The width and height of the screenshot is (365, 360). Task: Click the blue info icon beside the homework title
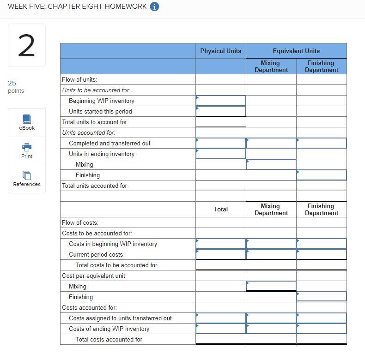tap(155, 6)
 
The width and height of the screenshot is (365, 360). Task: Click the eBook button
tap(27, 122)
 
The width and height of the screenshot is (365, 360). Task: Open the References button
tap(27, 179)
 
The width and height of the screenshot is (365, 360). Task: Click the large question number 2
tap(26, 46)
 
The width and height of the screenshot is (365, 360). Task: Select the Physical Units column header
tap(220, 51)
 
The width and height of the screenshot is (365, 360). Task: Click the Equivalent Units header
tap(296, 51)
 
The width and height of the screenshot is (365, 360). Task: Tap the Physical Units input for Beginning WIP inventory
tap(221, 101)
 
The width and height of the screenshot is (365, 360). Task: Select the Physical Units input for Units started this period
tap(221, 111)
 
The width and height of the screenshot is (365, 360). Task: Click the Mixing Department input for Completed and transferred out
tap(271, 143)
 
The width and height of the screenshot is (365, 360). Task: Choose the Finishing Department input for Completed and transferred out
tap(322, 143)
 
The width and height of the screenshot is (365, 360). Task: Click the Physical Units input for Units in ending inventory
tap(221, 154)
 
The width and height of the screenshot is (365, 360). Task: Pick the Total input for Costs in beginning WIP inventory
tap(221, 244)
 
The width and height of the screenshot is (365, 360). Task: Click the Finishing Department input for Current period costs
tap(322, 254)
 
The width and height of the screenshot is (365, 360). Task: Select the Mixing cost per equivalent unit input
tap(271, 286)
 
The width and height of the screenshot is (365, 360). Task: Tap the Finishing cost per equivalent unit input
tap(322, 297)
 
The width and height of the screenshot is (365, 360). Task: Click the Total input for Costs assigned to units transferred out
tap(221, 318)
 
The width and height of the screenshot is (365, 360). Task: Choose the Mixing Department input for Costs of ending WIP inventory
tap(271, 329)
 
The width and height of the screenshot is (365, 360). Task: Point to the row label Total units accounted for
tap(95, 186)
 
